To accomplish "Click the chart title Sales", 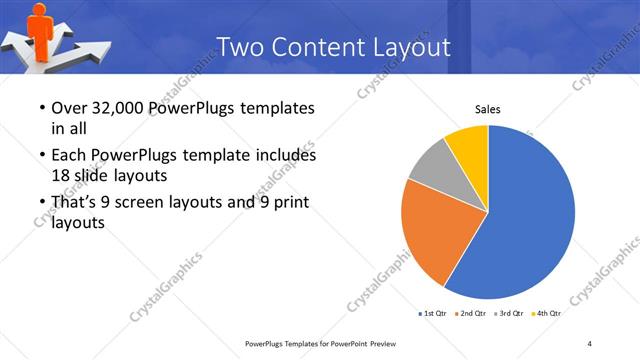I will (x=487, y=109).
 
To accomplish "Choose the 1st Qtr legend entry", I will (x=433, y=314).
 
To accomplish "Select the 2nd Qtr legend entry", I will (x=473, y=314).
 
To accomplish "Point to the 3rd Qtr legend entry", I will (x=511, y=314).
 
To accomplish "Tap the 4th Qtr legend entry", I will (x=547, y=314).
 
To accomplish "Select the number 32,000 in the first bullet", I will (x=118, y=108).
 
